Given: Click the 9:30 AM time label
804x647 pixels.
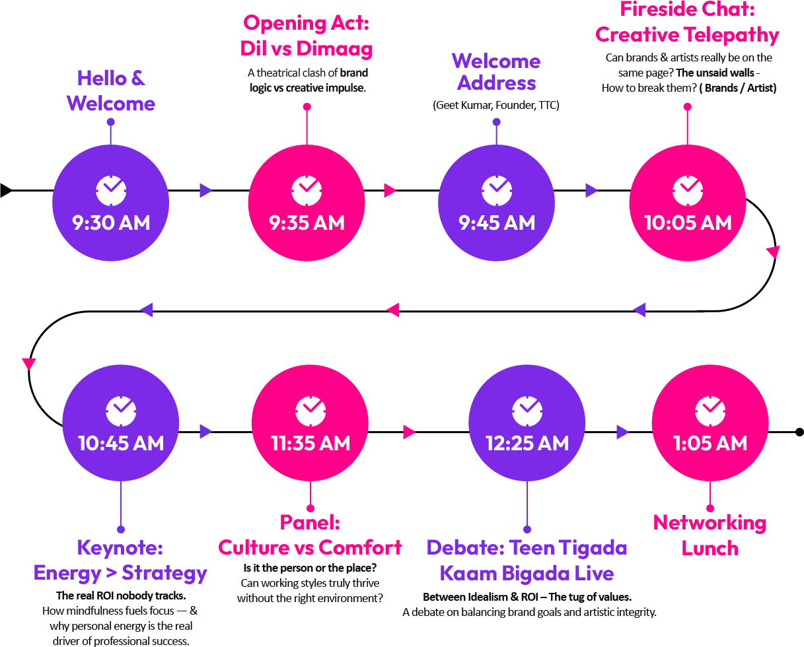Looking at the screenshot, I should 111,223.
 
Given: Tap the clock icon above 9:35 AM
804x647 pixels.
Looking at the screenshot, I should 307,190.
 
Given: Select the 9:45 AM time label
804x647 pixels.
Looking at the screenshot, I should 497,223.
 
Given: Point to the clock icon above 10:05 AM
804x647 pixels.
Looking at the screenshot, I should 688,190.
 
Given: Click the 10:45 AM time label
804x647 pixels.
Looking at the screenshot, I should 121,443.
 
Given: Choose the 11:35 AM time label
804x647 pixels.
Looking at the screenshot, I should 311,443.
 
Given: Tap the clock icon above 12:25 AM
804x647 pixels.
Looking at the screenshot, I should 527,411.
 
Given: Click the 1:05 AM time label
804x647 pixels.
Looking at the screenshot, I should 710,443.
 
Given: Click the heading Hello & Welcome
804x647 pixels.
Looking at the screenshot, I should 111,91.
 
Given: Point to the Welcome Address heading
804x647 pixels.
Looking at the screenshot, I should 496,72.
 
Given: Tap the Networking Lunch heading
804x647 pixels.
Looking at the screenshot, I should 710,535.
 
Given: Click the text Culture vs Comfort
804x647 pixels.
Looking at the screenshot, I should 311,547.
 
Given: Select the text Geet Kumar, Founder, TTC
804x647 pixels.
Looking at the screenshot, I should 496,106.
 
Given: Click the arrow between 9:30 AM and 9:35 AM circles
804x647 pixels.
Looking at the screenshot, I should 205,190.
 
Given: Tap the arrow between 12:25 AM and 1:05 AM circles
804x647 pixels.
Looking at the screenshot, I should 622,432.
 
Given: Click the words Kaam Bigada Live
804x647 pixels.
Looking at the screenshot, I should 527,573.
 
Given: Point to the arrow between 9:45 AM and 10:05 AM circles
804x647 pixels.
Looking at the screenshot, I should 591,190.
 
